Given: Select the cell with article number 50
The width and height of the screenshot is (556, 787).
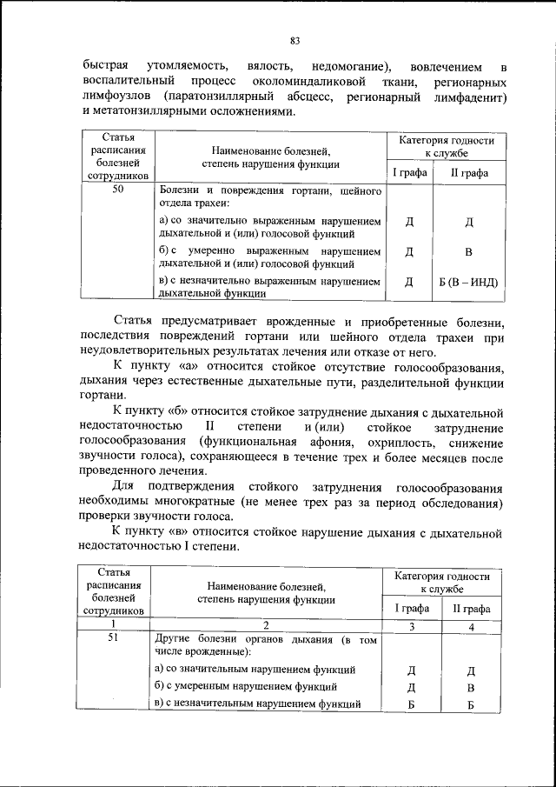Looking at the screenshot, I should click(x=116, y=190).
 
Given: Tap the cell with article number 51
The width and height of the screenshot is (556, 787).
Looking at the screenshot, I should click(x=116, y=639).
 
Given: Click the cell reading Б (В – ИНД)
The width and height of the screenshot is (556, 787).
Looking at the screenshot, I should click(x=469, y=282).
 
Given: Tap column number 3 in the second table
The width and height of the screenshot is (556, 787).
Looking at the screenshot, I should click(x=412, y=625).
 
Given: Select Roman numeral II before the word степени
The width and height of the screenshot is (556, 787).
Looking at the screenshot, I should click(x=209, y=425).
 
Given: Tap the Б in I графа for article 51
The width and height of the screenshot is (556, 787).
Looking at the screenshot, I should click(x=412, y=704).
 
